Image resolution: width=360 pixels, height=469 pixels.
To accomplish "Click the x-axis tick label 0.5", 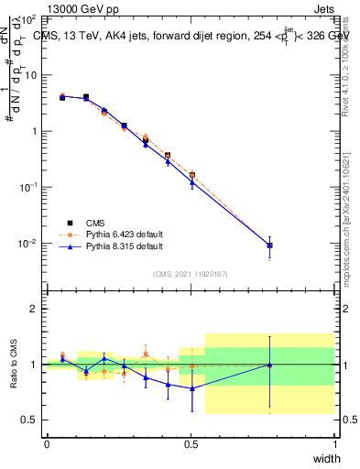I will [191, 445].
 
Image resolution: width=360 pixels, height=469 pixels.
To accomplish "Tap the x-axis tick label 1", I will [334, 445].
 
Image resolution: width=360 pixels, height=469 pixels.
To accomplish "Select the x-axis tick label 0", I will [47, 445].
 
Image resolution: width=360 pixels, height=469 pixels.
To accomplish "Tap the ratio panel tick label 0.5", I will [30, 420].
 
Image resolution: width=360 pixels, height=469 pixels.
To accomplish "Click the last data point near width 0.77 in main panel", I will [269, 245].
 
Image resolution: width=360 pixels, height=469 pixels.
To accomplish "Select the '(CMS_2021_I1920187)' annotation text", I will [191, 274].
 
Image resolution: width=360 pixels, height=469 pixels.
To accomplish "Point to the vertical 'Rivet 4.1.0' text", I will [344, 60].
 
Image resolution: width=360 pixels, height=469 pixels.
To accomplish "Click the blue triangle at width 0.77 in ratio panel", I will [269, 365].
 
